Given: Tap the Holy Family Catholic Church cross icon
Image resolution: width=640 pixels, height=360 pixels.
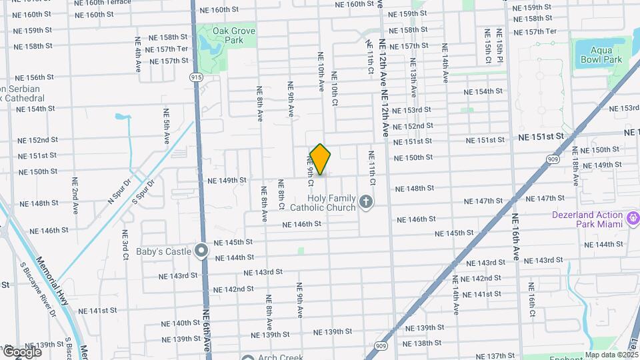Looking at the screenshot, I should coord(365,201).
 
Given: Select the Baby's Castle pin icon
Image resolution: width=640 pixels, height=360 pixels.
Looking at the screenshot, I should coord(201,251).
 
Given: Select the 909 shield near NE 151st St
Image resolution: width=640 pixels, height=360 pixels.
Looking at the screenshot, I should coord(551,159).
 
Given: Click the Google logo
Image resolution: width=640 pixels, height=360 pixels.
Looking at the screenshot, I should coord(22,351).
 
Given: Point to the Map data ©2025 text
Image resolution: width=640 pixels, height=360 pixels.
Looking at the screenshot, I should coord(611,355).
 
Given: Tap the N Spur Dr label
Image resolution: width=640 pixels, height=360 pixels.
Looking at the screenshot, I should coord(120,191).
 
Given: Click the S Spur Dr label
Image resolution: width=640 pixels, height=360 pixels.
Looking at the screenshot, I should coord(143,191).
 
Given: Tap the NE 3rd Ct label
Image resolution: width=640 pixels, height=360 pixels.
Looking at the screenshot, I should coord(125,245).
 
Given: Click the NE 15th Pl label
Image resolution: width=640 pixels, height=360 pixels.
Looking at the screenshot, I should coord(499,46).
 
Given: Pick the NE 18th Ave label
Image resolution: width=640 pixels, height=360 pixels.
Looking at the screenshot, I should coord(574,167).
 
